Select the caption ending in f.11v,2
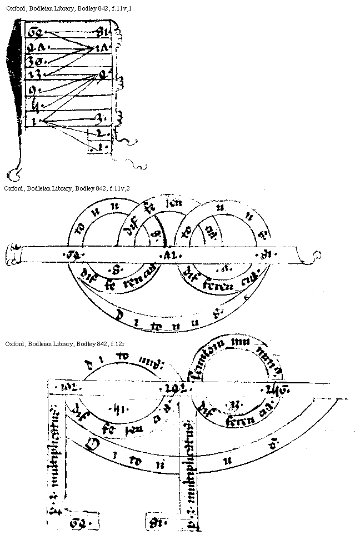coord(67,188)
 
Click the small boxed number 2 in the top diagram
coord(99,133)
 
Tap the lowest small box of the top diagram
coord(99,148)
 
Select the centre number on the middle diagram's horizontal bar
coord(168,256)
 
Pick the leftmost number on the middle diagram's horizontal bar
coord(71,255)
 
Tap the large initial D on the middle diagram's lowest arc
coord(119,315)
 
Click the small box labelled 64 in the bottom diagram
coord(80,523)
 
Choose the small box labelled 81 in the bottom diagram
coord(154,523)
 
